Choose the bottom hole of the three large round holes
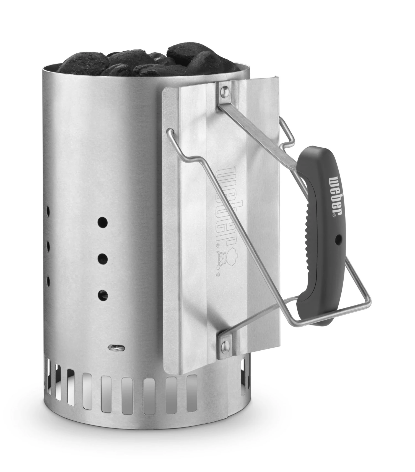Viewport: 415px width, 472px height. (x=103, y=295)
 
